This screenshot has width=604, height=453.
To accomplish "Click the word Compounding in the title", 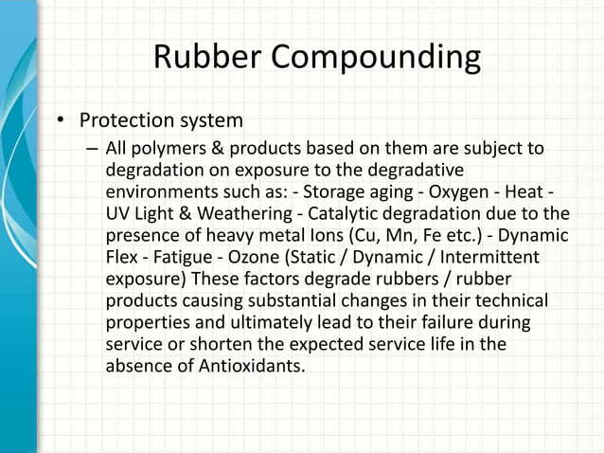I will [x=378, y=60].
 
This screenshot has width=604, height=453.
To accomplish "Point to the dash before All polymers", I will [x=91, y=150].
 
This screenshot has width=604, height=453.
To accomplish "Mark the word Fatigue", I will [x=189, y=256].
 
